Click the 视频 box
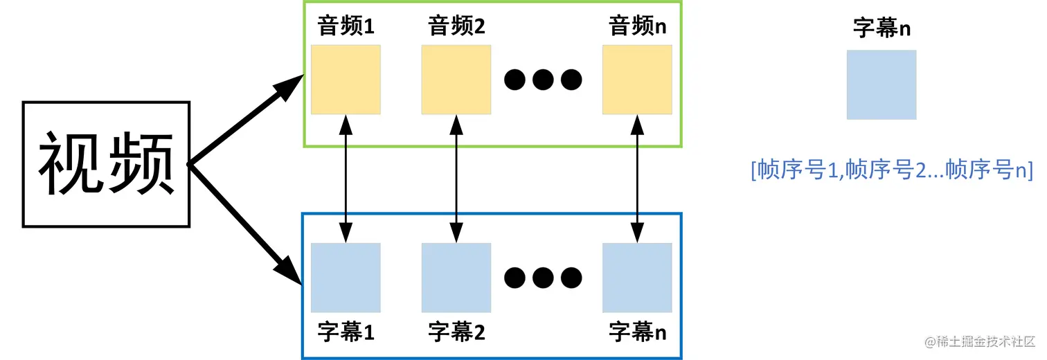click(106, 164)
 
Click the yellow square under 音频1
click(346, 80)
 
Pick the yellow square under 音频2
click(456, 80)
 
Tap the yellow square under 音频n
click(637, 80)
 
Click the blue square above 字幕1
click(346, 278)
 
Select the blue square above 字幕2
click(456, 278)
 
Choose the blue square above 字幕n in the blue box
click(637, 278)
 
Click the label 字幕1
click(346, 332)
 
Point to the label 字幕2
click(456, 332)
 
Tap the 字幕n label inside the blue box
click(637, 332)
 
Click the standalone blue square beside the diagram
click(882, 84)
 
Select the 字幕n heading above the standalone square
click(882, 30)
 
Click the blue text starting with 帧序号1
click(892, 170)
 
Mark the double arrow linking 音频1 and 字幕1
click(346, 179)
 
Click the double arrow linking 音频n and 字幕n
click(637, 179)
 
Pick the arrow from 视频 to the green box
click(246, 121)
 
